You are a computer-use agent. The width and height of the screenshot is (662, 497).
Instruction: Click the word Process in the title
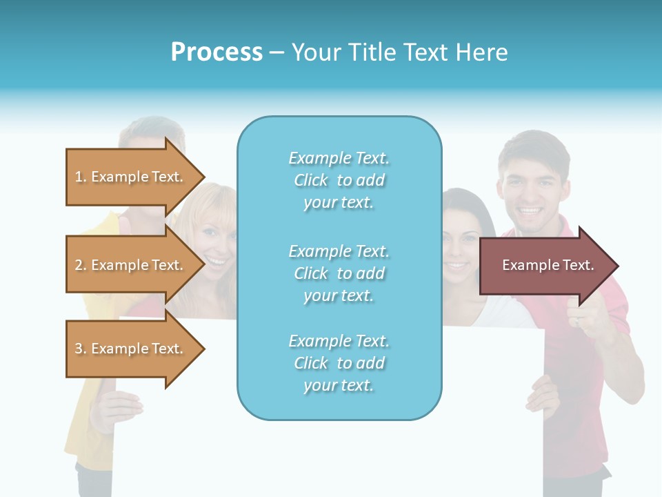pyautogui.click(x=217, y=52)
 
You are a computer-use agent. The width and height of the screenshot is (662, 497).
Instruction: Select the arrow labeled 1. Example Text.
pyautogui.click(x=131, y=177)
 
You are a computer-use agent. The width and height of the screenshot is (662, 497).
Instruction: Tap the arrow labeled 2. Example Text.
pyautogui.click(x=131, y=265)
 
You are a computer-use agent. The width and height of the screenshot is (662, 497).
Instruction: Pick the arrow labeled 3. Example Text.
pyautogui.click(x=131, y=349)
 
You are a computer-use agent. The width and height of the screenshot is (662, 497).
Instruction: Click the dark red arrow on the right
pyautogui.click(x=545, y=266)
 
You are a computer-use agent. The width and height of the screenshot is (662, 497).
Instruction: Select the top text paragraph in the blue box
pyautogui.click(x=339, y=180)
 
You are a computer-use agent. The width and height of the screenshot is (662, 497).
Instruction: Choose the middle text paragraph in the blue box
pyautogui.click(x=339, y=273)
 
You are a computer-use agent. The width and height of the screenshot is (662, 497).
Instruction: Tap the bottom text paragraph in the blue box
pyautogui.click(x=339, y=363)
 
